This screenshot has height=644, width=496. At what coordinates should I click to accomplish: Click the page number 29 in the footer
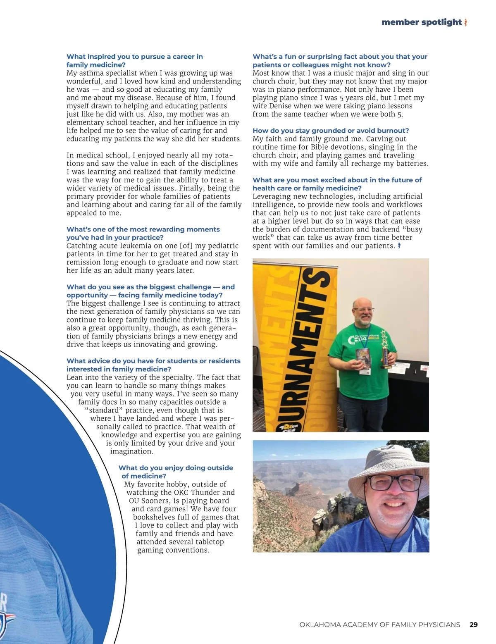point(474,625)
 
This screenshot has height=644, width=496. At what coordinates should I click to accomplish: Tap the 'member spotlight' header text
point(421,22)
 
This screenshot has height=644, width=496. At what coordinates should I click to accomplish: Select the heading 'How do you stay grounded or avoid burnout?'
point(331,131)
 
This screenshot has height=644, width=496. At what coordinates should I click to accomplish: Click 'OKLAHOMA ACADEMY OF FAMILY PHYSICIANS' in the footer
point(379,625)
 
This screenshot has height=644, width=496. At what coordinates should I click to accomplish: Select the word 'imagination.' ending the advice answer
point(131,451)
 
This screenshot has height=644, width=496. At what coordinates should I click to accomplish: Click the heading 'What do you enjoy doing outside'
point(176,468)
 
